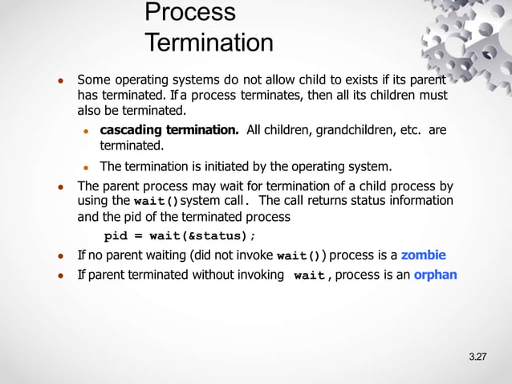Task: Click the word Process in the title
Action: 190,13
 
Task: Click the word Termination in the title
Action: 209,43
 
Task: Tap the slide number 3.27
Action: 477,357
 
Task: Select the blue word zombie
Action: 423,255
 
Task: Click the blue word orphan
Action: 435,275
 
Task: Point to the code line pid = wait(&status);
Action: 181,236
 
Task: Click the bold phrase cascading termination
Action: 169,130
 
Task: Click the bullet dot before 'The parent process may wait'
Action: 60,186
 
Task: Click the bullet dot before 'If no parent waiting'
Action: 60,256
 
